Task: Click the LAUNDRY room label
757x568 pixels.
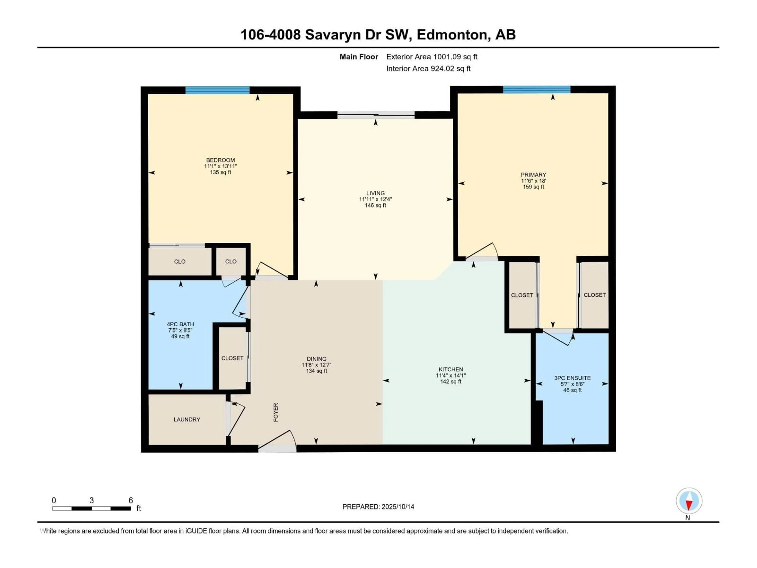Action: [x=187, y=419]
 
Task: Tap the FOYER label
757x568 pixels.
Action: [x=276, y=412]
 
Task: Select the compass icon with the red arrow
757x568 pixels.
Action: [x=689, y=501]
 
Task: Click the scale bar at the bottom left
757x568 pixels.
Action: [x=92, y=508]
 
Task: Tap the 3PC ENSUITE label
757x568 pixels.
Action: [x=572, y=378]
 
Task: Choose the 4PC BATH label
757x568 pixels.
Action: [x=180, y=324]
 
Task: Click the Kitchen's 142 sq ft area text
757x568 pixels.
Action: [x=451, y=381]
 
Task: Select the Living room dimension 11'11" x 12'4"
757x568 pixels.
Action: [x=375, y=199]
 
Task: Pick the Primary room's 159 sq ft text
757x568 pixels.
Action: [x=533, y=187]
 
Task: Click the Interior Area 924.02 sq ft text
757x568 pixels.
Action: [x=428, y=68]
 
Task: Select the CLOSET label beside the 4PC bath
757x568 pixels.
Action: [x=232, y=358]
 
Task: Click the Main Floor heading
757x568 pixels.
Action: [x=359, y=57]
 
